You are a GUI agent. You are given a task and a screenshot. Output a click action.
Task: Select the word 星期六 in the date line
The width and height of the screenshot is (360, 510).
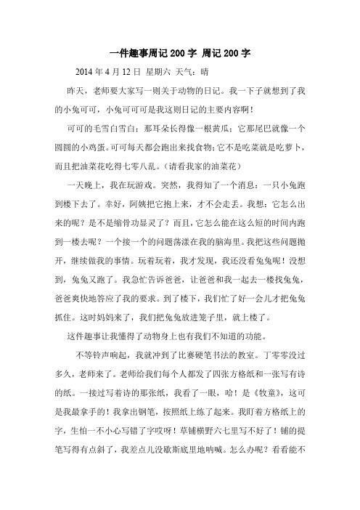(x=159, y=72)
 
